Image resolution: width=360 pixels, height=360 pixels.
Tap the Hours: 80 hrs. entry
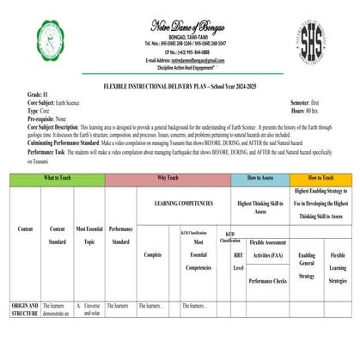300,111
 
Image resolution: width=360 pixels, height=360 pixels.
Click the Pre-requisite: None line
49,119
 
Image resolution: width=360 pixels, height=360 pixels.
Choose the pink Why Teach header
168,178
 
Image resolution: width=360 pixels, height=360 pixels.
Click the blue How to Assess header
260,178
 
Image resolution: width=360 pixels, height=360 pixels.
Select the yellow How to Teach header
321,178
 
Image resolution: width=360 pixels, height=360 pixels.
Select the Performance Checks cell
268,280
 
